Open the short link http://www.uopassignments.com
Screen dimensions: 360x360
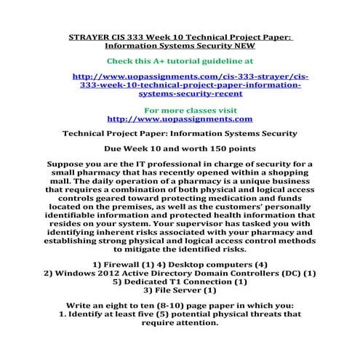180,118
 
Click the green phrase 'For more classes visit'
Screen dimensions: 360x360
180,108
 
